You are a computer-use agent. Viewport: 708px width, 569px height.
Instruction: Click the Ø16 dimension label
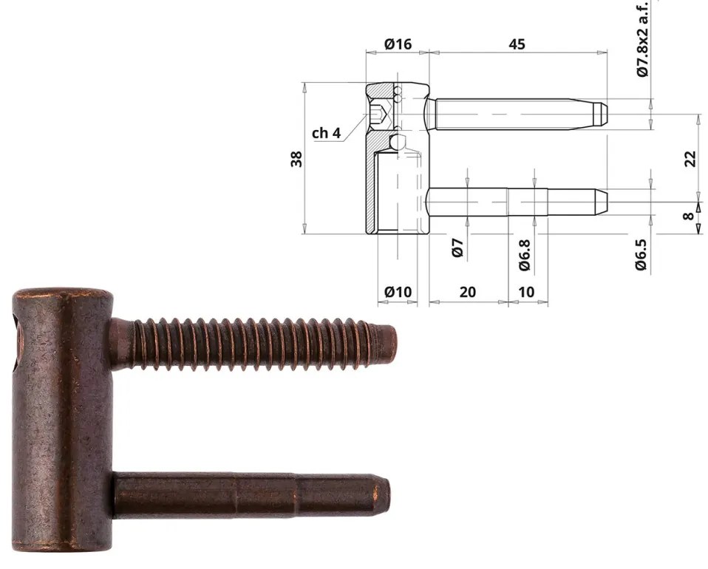coord(398,44)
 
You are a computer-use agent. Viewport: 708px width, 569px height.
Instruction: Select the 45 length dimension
coord(517,44)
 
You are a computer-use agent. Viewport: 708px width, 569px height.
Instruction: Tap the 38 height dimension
coord(297,159)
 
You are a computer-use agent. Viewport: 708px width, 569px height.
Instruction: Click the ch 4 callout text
coord(326,133)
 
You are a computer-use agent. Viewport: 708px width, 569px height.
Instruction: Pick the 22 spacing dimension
coord(690,158)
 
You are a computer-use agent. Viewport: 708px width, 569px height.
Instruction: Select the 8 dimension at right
coord(689,217)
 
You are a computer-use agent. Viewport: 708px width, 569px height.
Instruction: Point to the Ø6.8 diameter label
coord(524,254)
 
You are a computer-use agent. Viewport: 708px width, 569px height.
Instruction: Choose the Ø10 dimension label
coord(398,292)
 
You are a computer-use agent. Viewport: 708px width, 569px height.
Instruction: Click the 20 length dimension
coord(468,292)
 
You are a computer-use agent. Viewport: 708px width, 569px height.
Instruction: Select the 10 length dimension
coord(526,292)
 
